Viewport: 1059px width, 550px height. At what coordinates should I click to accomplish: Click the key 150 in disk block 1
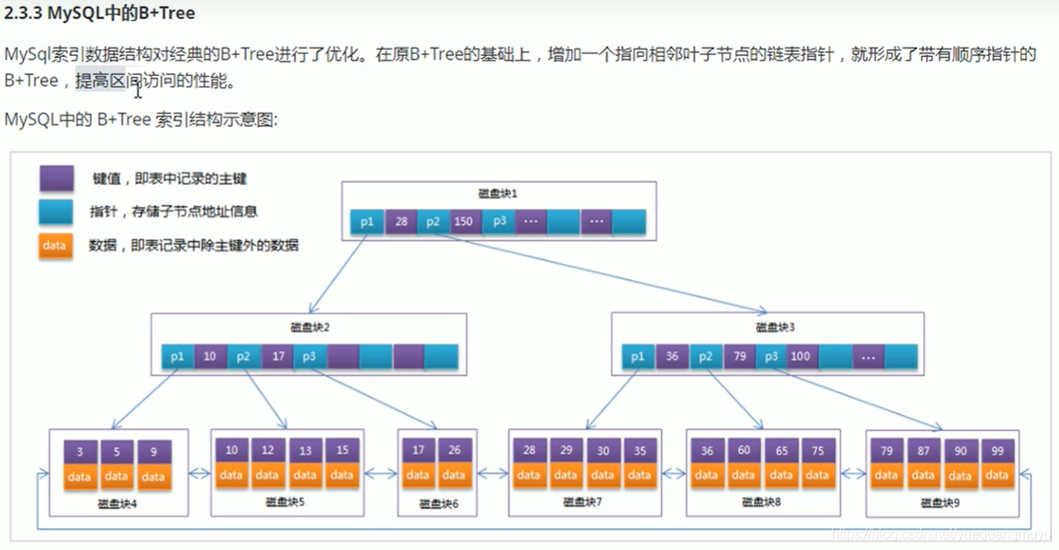point(463,221)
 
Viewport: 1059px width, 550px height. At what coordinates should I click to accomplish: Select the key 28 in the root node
point(401,221)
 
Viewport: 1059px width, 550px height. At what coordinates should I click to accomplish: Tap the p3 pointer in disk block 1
point(499,221)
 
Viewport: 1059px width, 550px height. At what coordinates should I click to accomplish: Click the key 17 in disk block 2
point(277,356)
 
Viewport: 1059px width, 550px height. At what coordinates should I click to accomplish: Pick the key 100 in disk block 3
point(800,356)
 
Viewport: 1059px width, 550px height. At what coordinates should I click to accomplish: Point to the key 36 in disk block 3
point(672,356)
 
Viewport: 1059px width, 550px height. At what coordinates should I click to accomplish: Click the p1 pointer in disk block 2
point(177,356)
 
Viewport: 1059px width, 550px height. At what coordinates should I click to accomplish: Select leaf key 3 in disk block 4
point(79,452)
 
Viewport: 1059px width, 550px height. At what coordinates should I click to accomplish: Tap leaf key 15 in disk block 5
point(342,451)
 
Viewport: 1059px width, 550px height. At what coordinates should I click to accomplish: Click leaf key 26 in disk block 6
point(454,451)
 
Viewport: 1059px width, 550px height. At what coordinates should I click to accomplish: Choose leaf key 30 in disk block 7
point(603,451)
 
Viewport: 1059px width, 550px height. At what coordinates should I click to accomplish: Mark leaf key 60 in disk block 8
point(744,451)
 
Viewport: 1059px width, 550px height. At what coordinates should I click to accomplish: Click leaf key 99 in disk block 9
point(997,451)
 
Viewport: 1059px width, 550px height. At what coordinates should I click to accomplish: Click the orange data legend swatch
point(54,245)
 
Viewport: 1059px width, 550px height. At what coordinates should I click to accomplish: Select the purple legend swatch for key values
point(54,179)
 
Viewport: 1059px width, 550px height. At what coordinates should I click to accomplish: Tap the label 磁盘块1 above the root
point(498,193)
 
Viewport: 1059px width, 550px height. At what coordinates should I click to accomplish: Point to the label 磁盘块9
point(941,502)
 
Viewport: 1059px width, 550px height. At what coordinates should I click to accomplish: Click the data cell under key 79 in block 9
point(886,475)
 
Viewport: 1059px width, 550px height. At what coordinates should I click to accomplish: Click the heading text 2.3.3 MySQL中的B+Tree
point(100,14)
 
